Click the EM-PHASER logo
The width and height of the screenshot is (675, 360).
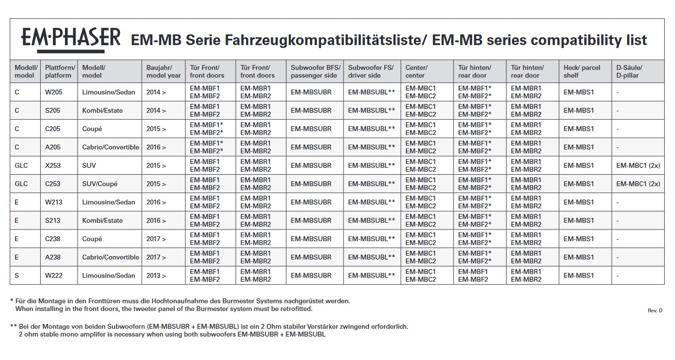tap(70, 39)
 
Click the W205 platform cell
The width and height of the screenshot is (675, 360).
tap(53, 92)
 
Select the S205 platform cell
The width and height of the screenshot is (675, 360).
tap(53, 111)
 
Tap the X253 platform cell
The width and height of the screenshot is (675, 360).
tap(53, 165)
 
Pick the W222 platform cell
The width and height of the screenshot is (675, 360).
tap(53, 276)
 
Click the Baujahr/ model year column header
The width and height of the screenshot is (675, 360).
tap(164, 71)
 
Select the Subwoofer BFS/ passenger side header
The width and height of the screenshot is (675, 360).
tap(315, 71)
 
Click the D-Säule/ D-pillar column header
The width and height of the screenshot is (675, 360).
tap(629, 71)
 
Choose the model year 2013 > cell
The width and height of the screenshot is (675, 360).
tap(156, 276)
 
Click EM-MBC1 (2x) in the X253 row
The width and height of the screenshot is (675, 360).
tap(638, 165)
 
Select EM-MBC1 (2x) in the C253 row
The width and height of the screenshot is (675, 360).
tap(638, 184)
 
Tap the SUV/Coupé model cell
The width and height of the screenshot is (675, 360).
tap(100, 184)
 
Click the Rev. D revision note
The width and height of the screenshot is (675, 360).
tap(655, 311)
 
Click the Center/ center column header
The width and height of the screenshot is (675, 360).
tap(416, 71)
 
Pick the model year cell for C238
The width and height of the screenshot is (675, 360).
tap(156, 239)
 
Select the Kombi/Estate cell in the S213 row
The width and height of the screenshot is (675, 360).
tap(102, 220)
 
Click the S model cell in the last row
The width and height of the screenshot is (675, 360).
tap(17, 276)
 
